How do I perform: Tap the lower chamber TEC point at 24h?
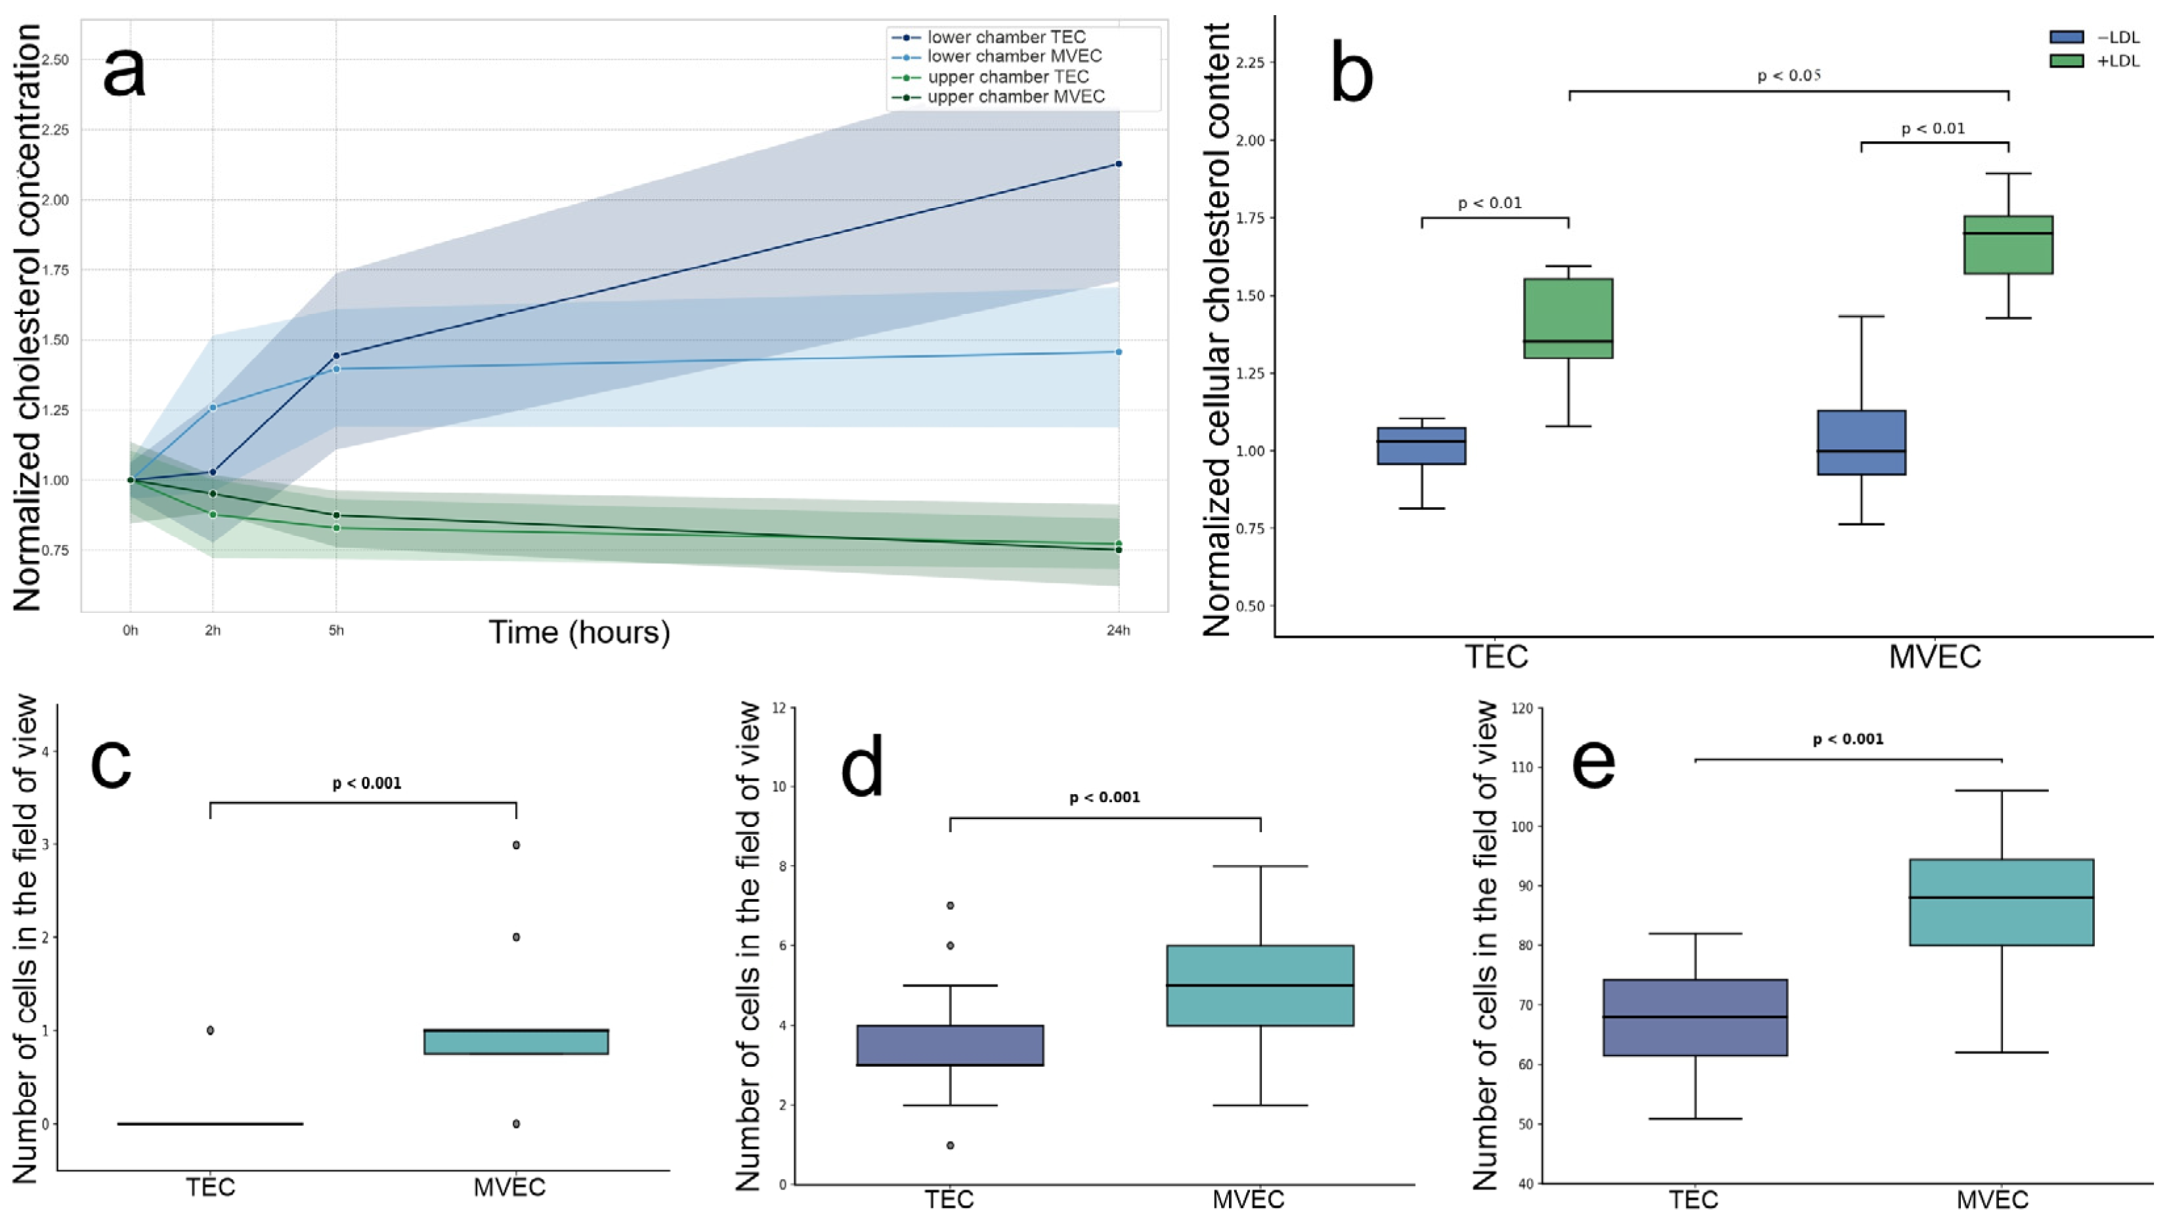[1118, 164]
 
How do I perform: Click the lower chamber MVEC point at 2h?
[212, 408]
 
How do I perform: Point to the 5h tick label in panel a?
[336, 630]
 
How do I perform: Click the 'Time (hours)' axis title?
[579, 632]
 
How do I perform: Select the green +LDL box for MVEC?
[2008, 244]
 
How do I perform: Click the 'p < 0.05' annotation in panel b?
[1790, 76]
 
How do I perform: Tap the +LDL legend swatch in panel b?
[2067, 60]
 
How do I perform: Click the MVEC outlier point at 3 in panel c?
[516, 845]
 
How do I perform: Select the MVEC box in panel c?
[516, 1042]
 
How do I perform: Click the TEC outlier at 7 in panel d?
[951, 906]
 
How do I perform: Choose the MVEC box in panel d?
[1260, 985]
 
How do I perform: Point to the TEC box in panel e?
[1695, 1017]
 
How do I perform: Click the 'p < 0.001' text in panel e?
[1848, 740]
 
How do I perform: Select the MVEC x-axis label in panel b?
[1935, 657]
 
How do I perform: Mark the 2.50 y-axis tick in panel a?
[56, 60]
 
